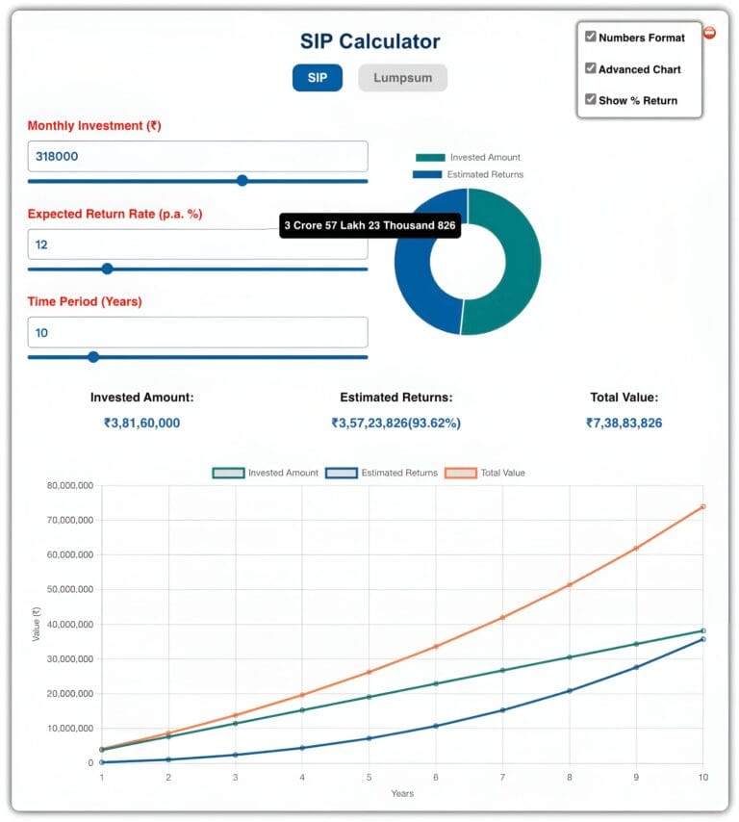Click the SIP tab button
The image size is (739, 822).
tap(317, 77)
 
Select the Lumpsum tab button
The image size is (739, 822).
tap(402, 77)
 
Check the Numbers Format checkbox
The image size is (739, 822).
tap(591, 37)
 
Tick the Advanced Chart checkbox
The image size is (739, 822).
tap(591, 68)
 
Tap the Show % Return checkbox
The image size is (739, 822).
tap(591, 99)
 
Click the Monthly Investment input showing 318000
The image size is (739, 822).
tap(197, 156)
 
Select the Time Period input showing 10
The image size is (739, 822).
tap(197, 332)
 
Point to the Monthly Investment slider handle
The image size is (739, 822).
tap(242, 180)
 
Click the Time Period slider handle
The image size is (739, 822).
tap(93, 357)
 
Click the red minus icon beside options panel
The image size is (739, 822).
tap(709, 33)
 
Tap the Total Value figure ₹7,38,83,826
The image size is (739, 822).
tap(624, 423)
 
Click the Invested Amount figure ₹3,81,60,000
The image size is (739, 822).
tap(141, 423)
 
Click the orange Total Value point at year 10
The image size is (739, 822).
tap(702, 506)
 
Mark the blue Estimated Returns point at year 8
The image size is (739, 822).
tap(569, 691)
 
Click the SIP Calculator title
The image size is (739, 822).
tap(369, 41)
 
